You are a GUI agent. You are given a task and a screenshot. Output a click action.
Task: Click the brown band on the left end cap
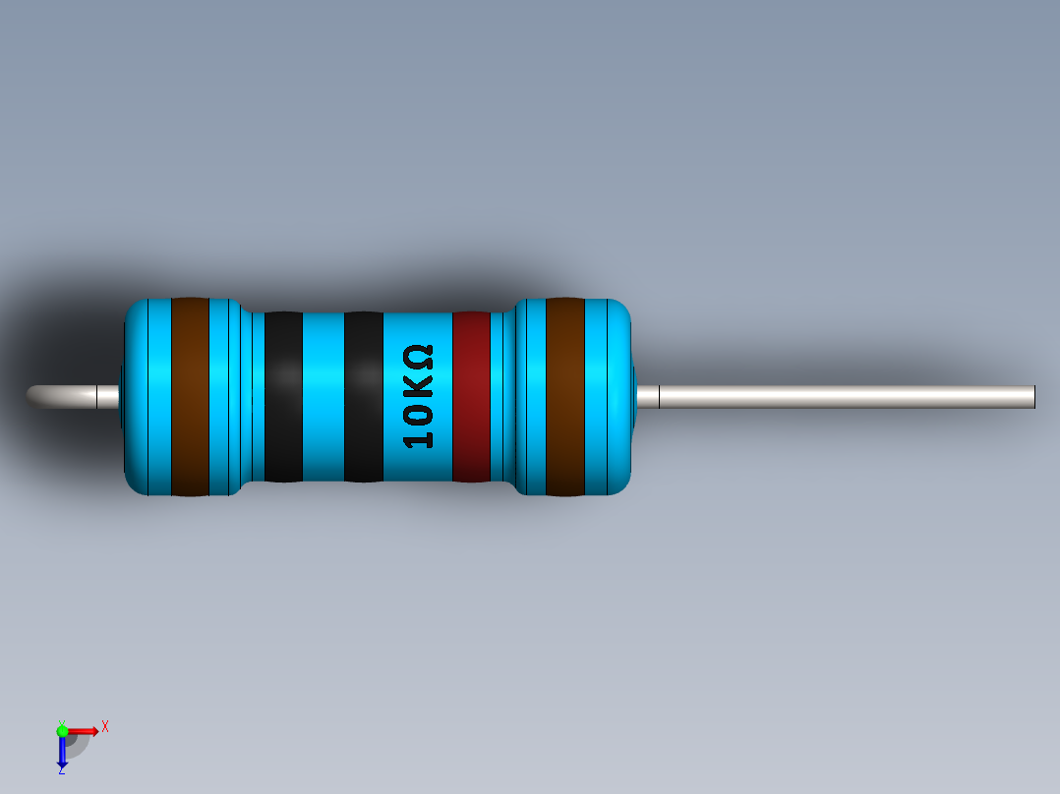[190, 396]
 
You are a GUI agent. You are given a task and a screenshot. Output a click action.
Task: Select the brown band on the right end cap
[564, 396]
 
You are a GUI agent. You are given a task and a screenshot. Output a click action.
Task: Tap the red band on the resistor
[471, 396]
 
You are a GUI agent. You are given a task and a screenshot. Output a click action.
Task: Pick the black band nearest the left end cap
[283, 396]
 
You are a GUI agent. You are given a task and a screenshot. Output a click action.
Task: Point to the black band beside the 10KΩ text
[363, 396]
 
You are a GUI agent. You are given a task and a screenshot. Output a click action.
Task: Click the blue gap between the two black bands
[323, 396]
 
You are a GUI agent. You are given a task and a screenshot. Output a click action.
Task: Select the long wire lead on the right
[846, 396]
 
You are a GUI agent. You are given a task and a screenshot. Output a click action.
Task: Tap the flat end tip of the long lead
[1033, 396]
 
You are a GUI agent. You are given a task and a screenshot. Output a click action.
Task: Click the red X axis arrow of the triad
[86, 730]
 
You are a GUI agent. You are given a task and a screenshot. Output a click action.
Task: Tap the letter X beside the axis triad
[105, 726]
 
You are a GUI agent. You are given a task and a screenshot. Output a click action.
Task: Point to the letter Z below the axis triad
[61, 770]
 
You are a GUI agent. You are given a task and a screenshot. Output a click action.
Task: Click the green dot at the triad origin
[62, 730]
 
